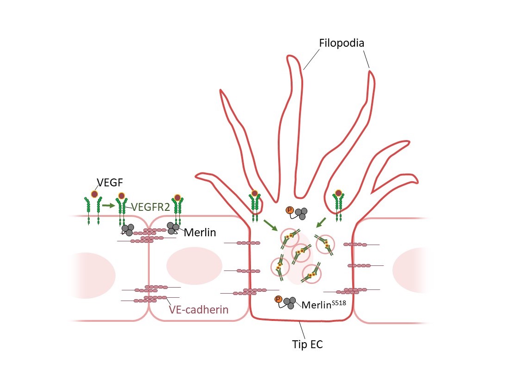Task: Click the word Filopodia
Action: [342, 43]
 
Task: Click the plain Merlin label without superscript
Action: [200, 232]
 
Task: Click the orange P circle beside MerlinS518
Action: [278, 299]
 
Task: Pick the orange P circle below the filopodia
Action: [290, 210]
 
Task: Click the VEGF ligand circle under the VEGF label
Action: [94, 195]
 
